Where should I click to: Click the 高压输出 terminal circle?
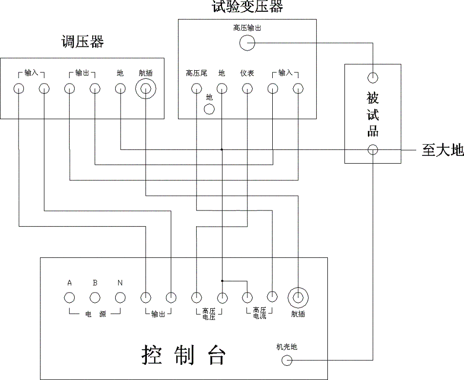click(x=247, y=43)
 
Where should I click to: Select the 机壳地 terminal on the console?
click(x=287, y=360)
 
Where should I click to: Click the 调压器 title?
click(x=82, y=42)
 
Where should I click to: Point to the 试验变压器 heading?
click(x=247, y=7)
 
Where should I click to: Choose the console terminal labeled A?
click(x=70, y=297)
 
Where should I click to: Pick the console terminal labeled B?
click(x=95, y=297)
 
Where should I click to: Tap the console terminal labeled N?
click(x=121, y=297)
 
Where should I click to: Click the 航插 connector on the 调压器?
click(x=146, y=89)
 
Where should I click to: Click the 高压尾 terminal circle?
click(x=196, y=89)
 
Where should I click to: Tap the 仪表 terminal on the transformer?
click(x=247, y=89)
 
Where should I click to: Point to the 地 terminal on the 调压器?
click(x=121, y=89)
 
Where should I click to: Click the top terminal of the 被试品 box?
click(x=373, y=77)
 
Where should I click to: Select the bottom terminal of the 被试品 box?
click(x=373, y=149)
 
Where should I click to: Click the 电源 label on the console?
click(x=95, y=315)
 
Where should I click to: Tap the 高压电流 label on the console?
click(x=259, y=313)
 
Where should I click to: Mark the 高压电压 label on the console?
click(x=209, y=314)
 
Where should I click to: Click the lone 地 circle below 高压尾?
click(x=209, y=108)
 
